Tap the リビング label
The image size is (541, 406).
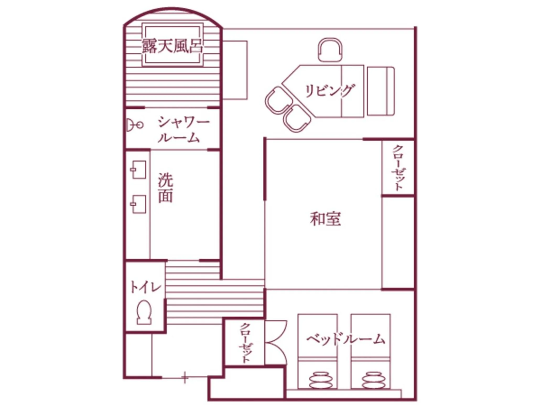330,91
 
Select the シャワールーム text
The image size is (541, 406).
183,130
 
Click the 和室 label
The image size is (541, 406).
325,219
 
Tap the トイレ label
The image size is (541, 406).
145,287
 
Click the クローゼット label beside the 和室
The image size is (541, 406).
397,168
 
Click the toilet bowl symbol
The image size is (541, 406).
144,313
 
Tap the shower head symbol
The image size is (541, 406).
134,125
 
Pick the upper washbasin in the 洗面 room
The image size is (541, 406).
138,170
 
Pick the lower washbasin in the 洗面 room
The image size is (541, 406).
138,204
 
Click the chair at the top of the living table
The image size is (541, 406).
330,50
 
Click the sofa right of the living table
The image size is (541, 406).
381,91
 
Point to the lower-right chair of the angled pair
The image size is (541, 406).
297,118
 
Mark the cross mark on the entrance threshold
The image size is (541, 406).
185,378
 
